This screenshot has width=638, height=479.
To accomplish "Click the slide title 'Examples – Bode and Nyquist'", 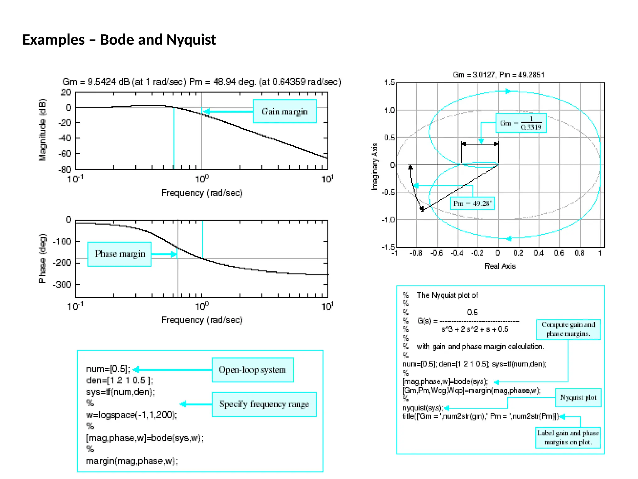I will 119,40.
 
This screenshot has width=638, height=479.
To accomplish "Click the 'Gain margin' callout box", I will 284,111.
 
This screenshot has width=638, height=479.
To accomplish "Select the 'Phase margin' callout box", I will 120,254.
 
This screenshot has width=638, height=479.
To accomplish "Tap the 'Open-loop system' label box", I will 252,370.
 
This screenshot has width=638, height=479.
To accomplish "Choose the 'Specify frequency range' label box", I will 264,404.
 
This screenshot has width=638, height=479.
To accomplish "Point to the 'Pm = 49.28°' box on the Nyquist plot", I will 472,204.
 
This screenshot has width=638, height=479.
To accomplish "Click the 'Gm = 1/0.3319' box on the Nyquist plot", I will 521,123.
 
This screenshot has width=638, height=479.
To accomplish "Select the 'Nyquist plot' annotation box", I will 578,398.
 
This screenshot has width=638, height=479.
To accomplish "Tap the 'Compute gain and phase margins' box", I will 568,329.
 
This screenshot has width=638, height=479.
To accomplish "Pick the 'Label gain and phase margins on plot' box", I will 568,438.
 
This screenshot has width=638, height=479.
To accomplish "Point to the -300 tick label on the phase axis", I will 62,284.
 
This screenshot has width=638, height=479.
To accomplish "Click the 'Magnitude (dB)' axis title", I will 42,130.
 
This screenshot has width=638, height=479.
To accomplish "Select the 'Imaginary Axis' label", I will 375,166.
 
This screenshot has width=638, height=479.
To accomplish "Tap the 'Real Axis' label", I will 500,266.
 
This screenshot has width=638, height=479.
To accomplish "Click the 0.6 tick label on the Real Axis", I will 559,253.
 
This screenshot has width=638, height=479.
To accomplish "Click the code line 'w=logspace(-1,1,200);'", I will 131,415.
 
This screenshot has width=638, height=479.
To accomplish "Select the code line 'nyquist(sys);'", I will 422,408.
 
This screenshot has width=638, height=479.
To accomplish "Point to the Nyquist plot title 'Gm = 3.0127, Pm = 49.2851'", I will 498,75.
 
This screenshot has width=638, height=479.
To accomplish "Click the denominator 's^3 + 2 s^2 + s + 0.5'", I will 475,329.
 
